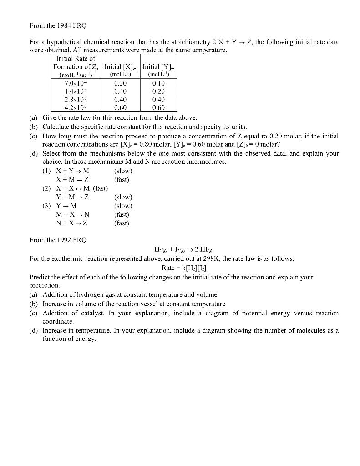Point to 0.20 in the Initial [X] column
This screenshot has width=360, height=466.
[121, 84]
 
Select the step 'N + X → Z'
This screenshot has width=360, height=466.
[72, 223]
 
